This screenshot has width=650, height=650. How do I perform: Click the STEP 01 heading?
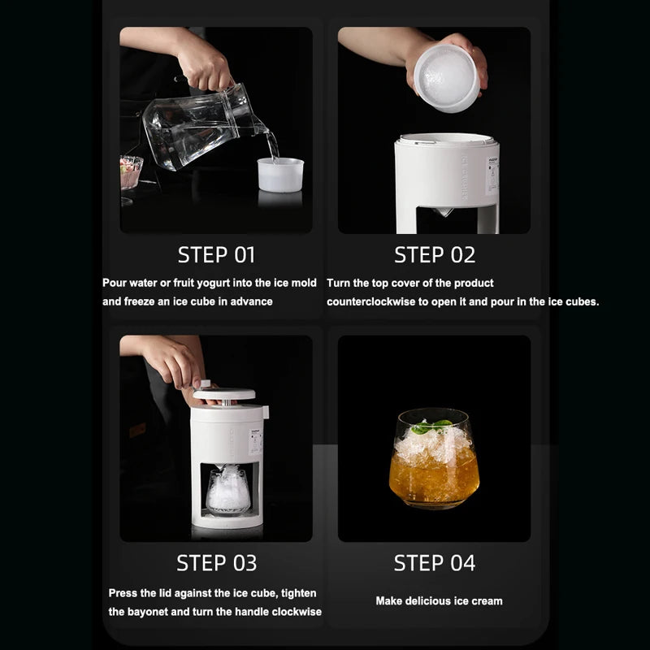coord(216,254)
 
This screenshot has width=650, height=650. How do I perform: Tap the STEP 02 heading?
coord(435,254)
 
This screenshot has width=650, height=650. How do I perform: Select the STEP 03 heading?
coord(216,563)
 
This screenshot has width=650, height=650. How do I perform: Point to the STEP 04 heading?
coord(435,563)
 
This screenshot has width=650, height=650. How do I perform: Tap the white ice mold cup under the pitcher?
coord(280,175)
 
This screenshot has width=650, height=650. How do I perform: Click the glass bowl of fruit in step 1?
coord(131,171)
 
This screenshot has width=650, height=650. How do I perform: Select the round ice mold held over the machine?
coord(447,77)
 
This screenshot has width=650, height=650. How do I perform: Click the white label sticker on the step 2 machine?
coord(492,175)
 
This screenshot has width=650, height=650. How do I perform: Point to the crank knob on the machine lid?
coord(206,383)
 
